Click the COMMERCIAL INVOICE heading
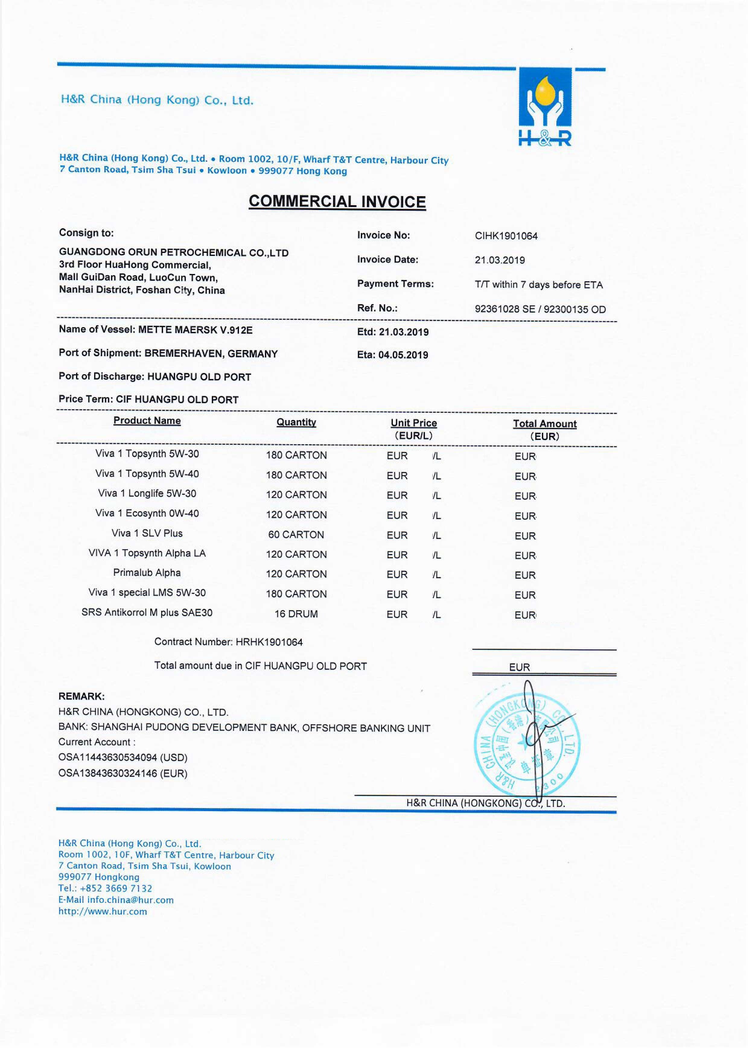[x=337, y=202]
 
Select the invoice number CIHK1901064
[x=506, y=236]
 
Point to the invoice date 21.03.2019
[x=500, y=260]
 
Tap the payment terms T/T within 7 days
[x=538, y=285]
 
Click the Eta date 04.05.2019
[x=403, y=355]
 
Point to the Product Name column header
[x=147, y=421]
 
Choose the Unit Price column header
[x=413, y=423]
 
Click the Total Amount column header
[x=544, y=424]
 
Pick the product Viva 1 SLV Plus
[x=147, y=534]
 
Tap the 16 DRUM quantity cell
[x=296, y=614]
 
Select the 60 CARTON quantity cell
[x=296, y=535]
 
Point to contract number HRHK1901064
[x=269, y=642]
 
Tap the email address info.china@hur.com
[x=130, y=900]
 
